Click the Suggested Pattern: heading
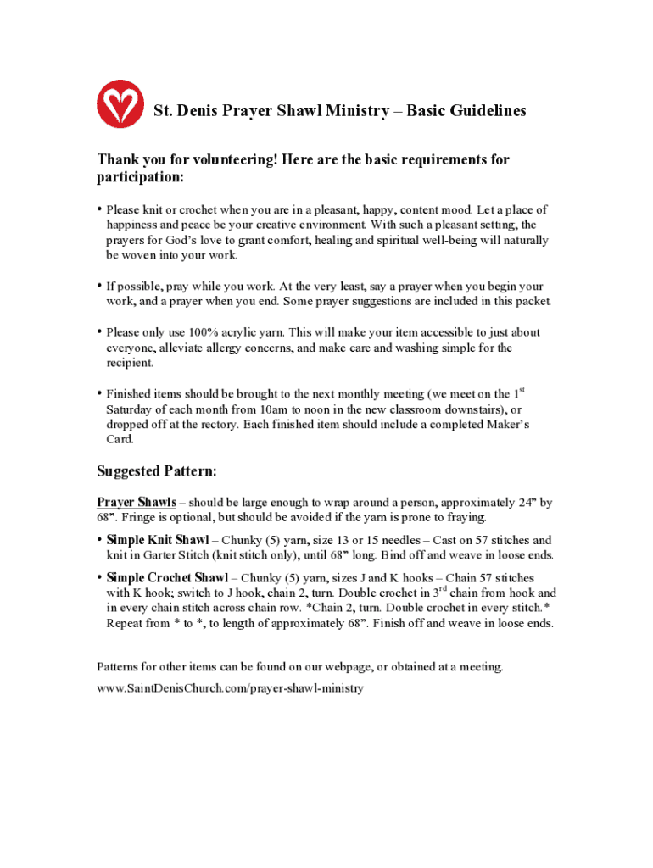(157, 470)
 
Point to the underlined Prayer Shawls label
(137, 502)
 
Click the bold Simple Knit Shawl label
(158, 540)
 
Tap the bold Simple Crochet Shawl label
(167, 578)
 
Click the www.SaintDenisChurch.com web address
(230, 688)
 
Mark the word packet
(533, 301)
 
